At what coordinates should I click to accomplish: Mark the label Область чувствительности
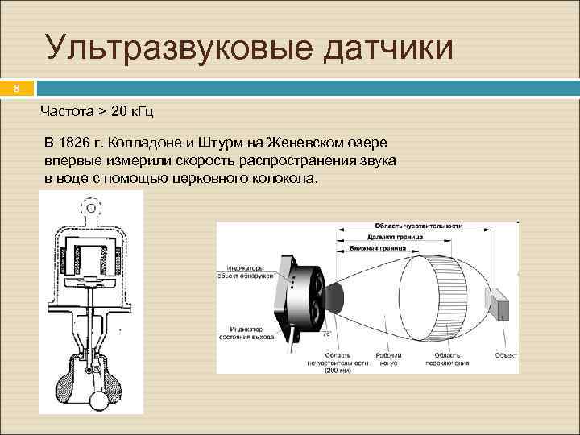click(x=416, y=226)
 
